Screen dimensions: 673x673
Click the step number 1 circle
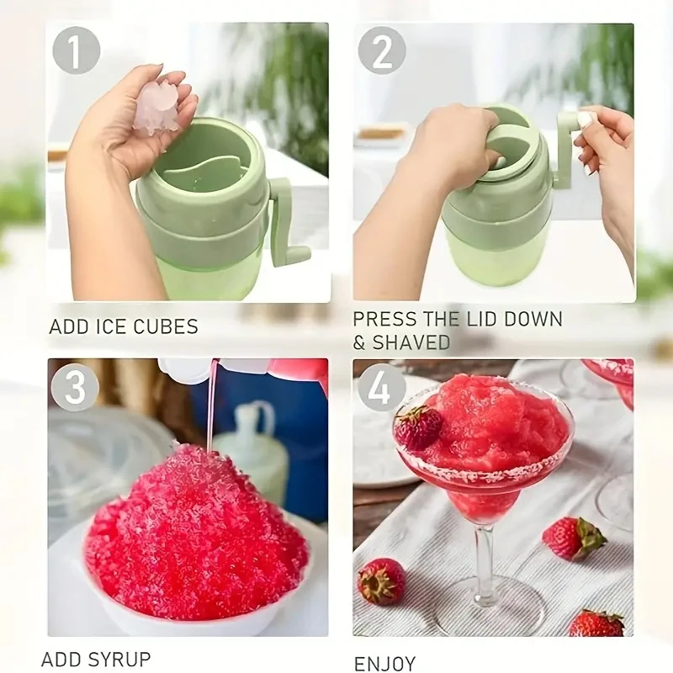click(x=77, y=51)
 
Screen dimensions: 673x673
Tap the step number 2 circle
click(x=382, y=51)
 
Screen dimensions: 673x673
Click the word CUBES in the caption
click(x=166, y=326)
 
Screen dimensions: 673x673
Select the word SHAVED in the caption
click(x=411, y=342)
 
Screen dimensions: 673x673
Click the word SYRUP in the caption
click(x=120, y=659)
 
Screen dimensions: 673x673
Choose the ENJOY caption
click(x=385, y=663)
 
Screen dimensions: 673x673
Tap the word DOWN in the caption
click(x=533, y=320)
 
